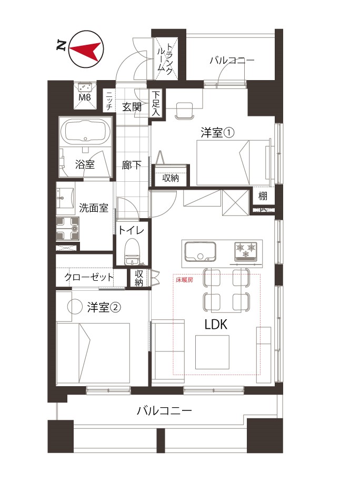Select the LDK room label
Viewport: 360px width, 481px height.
point(216,325)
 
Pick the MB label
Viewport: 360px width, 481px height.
point(84,97)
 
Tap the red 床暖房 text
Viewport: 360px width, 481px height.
point(184,280)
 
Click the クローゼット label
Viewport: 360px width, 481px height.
point(89,277)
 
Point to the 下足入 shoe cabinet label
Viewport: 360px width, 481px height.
point(156,103)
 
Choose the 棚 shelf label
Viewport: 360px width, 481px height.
point(263,197)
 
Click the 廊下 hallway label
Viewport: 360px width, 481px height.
point(132,165)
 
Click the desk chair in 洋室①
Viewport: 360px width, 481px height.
point(184,109)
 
